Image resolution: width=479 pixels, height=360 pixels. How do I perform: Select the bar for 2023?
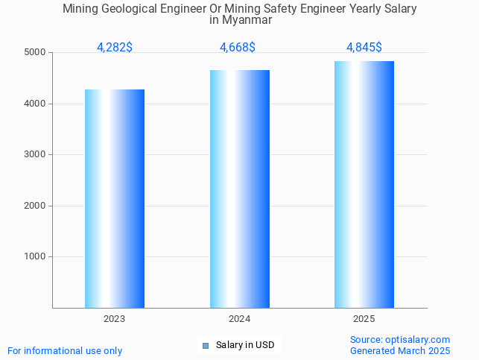tap(115, 198)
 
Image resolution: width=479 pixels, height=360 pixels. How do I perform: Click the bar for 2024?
tap(240, 189)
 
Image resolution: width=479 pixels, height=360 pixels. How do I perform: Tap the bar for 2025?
tap(364, 184)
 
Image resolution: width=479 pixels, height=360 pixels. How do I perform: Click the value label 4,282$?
tap(115, 48)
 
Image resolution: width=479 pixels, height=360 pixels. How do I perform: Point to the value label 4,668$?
tap(238, 48)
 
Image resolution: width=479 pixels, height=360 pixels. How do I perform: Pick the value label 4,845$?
tap(364, 48)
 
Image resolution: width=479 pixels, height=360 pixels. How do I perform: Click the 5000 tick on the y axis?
tap(35, 53)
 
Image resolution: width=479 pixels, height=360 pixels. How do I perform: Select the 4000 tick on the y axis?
tap(35, 104)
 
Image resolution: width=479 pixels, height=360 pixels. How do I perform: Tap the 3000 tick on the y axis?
tap(35, 155)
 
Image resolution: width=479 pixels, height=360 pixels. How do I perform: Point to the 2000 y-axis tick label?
tap(35, 206)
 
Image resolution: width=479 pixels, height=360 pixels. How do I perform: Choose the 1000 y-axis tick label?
tap(35, 256)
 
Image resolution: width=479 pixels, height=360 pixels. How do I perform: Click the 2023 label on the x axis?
tap(115, 319)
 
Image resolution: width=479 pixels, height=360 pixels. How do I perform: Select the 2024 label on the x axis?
tap(240, 319)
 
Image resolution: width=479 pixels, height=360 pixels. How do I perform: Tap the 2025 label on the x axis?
tap(364, 319)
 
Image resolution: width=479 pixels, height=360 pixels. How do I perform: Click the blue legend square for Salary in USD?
tap(206, 345)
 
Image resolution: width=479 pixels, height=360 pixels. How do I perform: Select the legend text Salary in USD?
tap(245, 345)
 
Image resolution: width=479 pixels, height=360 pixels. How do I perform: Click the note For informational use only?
tap(65, 350)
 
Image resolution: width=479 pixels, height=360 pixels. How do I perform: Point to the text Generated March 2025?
tap(400, 350)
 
